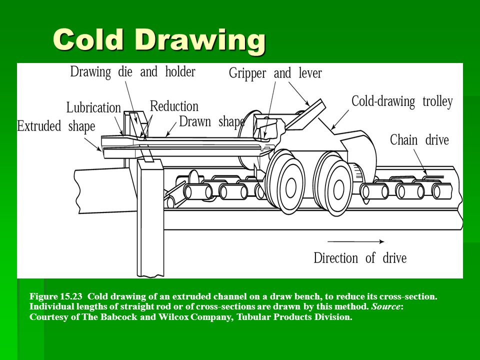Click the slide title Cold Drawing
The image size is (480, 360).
coord(159,40)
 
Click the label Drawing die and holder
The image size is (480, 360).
coord(132,72)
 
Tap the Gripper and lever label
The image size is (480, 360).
coord(275,73)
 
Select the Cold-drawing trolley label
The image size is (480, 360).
coord(402,101)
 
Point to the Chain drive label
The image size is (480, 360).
coord(419,140)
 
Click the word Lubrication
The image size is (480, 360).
coord(93,108)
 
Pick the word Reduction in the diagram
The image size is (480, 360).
coord(174,106)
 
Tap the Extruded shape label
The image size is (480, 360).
coord(56,126)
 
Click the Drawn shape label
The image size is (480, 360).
coord(212,122)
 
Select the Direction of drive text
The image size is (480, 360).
coord(360,258)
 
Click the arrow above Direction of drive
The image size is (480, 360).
coord(355,241)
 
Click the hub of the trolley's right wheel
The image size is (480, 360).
coord(338,190)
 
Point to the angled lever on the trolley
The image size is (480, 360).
coord(305,115)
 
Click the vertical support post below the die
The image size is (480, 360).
coord(150,217)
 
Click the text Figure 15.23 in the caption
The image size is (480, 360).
coord(56,296)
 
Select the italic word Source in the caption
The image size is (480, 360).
coord(385,306)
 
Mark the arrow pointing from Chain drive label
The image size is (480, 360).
coord(420,162)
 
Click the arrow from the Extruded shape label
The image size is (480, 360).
coord(93,144)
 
